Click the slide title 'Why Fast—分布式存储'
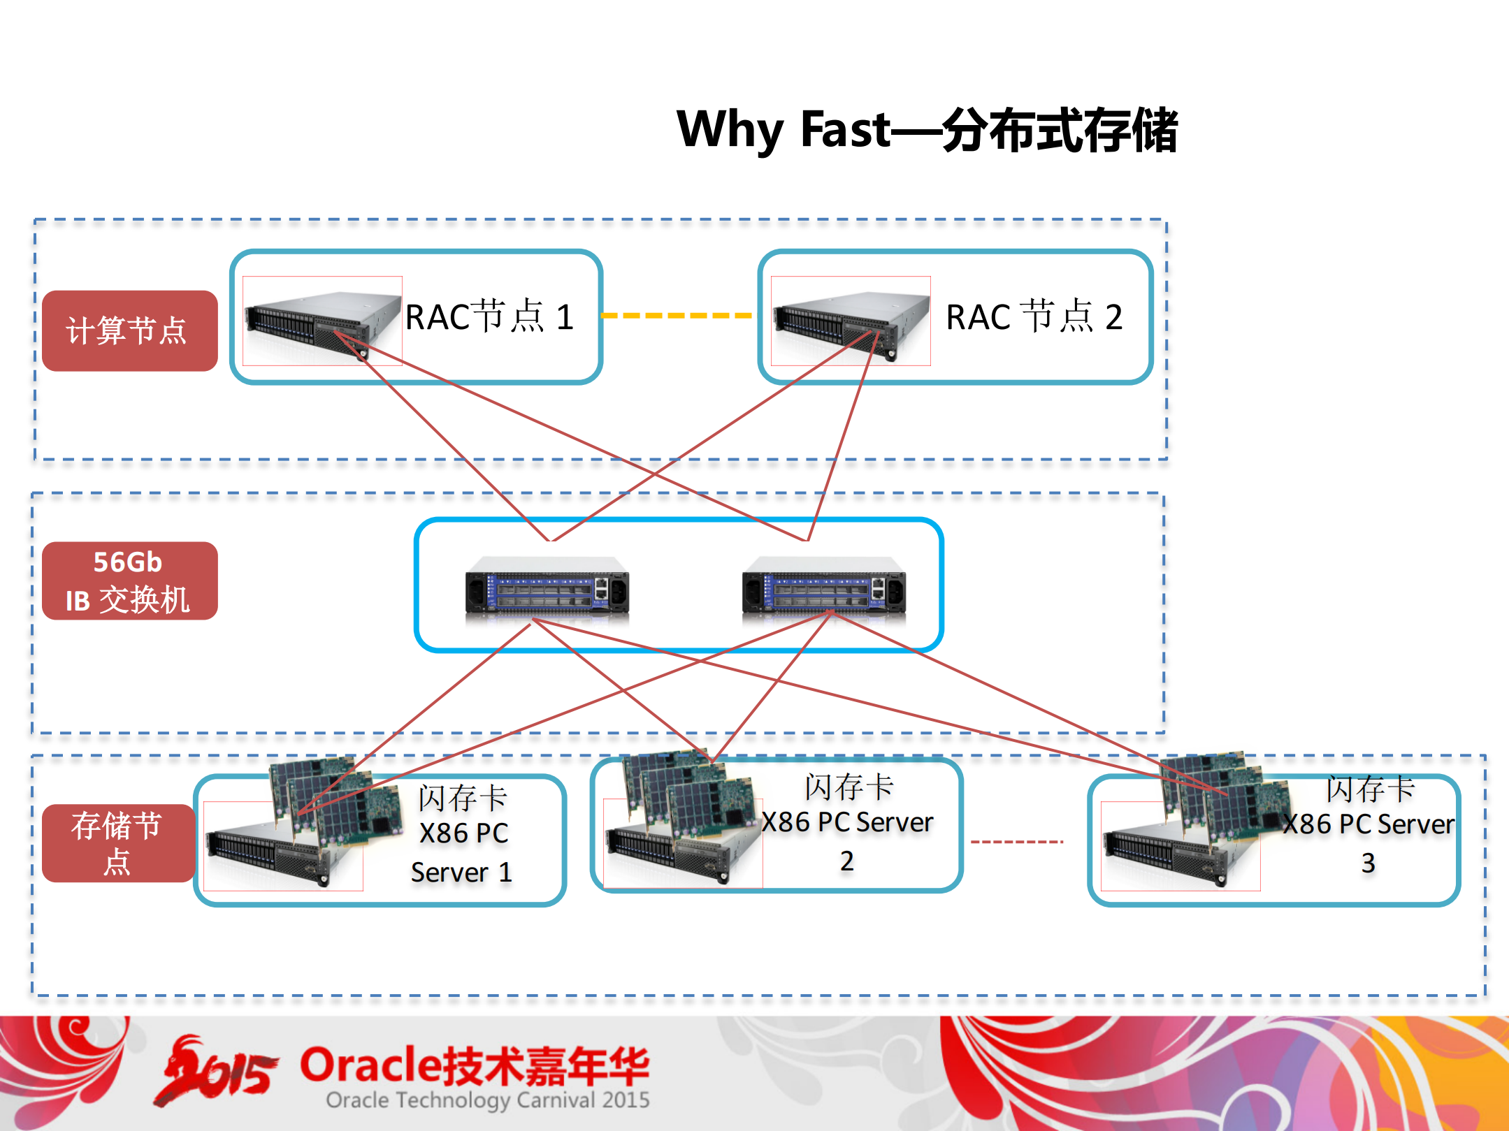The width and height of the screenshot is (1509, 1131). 927,131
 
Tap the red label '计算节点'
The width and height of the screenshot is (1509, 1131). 129,330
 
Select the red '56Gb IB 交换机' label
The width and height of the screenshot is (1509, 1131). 129,581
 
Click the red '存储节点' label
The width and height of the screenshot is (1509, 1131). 117,842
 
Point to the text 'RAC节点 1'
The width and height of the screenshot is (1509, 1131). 489,317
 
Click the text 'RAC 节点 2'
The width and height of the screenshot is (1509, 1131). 1034,317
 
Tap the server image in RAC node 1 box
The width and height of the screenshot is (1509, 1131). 322,322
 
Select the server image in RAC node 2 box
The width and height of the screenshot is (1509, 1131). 850,322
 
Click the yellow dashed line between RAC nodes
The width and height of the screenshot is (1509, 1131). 677,316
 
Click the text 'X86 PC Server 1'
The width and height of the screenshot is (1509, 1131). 463,852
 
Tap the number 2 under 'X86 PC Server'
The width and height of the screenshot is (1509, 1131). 846,861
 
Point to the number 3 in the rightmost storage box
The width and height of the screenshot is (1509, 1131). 1368,863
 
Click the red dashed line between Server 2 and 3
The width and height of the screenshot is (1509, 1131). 1017,842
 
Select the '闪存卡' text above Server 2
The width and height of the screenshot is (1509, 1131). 849,787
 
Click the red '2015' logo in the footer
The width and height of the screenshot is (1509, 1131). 217,1072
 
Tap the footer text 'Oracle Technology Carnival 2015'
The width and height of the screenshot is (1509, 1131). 488,1100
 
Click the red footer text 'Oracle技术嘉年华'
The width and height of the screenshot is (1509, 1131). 475,1066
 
